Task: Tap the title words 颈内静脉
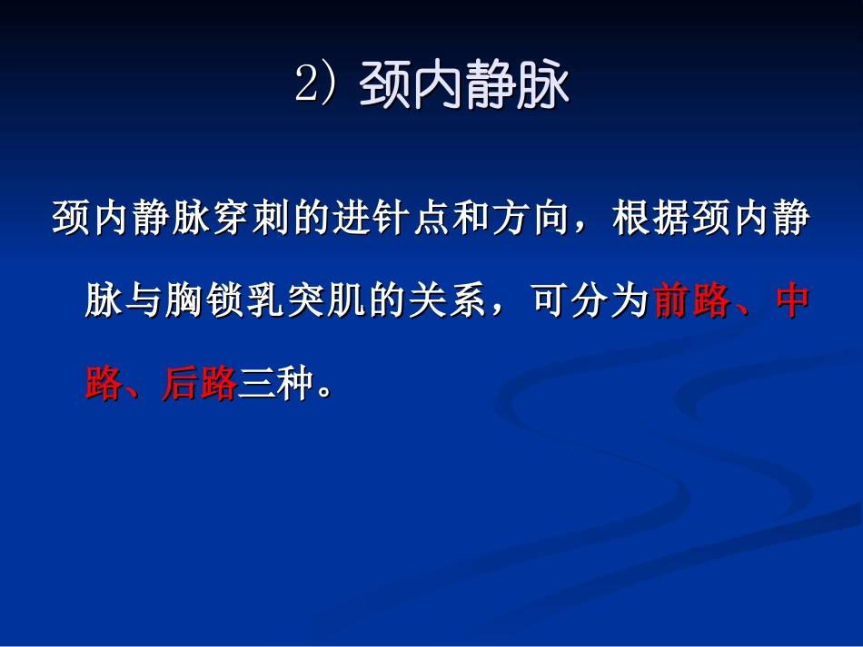pyautogui.click(x=465, y=87)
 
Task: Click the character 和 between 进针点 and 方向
pyautogui.click(x=450, y=221)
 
